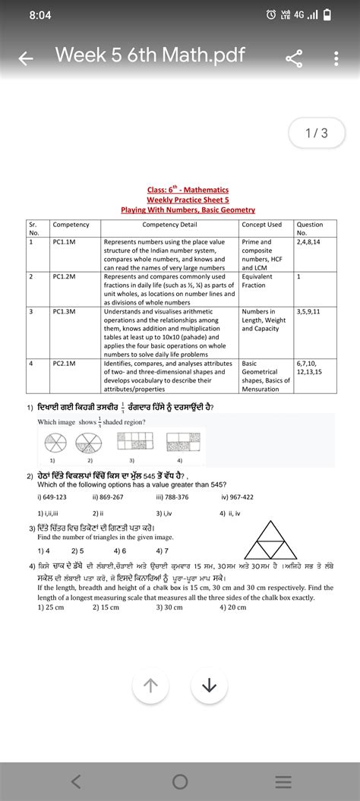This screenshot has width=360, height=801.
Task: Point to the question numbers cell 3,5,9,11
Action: (309, 311)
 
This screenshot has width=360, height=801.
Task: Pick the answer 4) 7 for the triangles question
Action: (163, 550)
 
